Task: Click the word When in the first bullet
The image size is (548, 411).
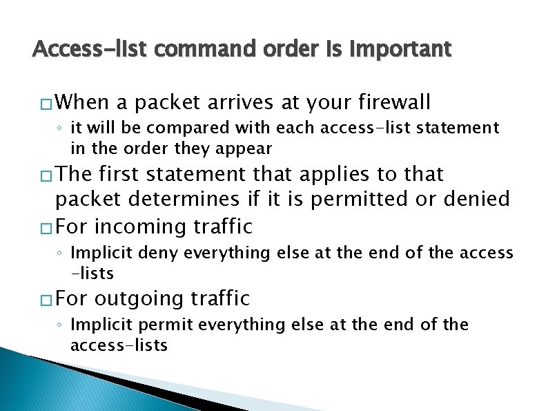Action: [82, 103]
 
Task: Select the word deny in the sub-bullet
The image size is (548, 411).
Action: [155, 253]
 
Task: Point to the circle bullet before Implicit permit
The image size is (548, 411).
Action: [61, 325]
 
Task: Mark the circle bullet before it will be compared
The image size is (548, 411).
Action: [61, 128]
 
